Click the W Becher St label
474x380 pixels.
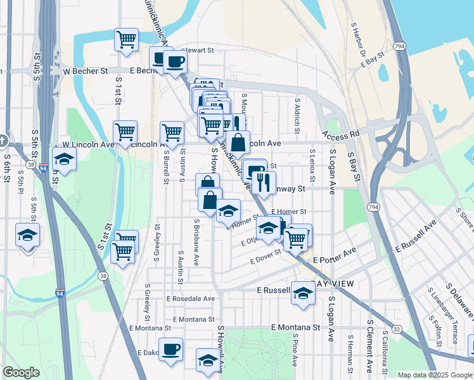tap(85, 71)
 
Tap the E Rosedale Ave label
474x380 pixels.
tap(191, 298)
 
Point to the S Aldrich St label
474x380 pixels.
tap(297, 115)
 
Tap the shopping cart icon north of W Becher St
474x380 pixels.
tap(126, 39)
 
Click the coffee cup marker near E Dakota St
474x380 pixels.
tap(170, 349)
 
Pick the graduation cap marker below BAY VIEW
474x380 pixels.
tap(304, 293)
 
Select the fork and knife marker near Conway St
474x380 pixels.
tap(264, 183)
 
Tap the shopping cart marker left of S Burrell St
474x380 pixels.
tap(125, 132)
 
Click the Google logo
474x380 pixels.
tap(22, 372)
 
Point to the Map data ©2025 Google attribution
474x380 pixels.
tap(434, 375)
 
